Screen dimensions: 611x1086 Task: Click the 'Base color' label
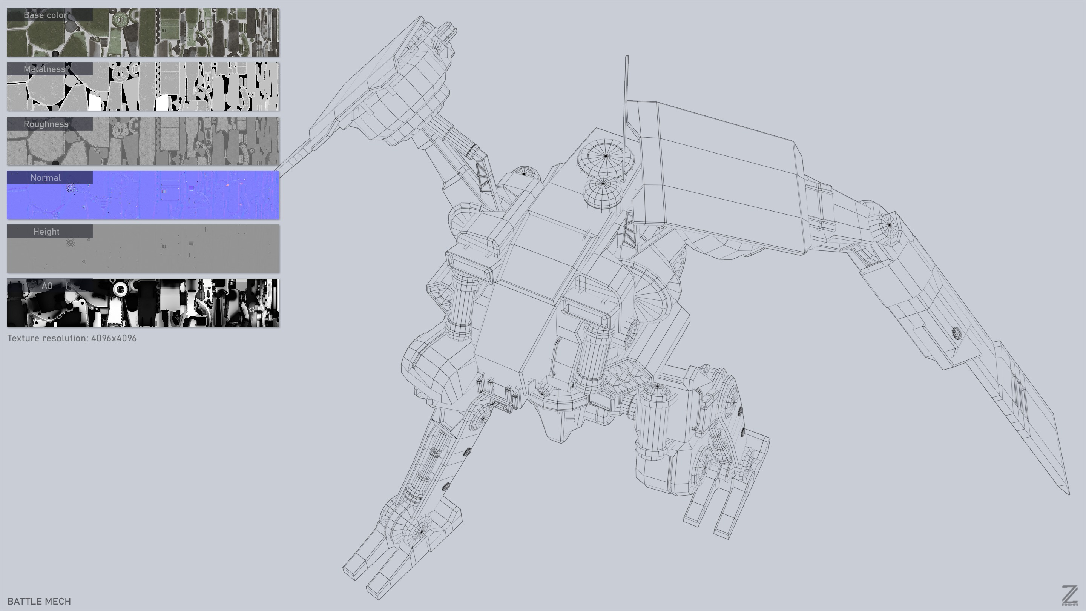click(x=46, y=15)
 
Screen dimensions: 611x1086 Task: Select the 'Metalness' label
click(x=45, y=69)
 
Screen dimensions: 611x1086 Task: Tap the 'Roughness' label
click(x=46, y=124)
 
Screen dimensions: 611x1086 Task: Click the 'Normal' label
click(x=46, y=178)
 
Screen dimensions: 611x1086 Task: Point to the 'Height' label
click(x=46, y=232)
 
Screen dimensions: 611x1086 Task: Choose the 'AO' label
click(x=47, y=286)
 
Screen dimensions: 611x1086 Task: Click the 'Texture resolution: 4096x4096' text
click(x=72, y=338)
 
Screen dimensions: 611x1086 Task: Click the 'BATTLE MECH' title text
click(x=39, y=601)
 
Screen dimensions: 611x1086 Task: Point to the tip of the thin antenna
click(x=626, y=57)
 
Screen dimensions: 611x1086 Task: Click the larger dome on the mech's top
click(x=606, y=156)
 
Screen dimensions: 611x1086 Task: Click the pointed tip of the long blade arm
click(x=1069, y=493)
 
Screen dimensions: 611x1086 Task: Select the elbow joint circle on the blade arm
click(x=889, y=225)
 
